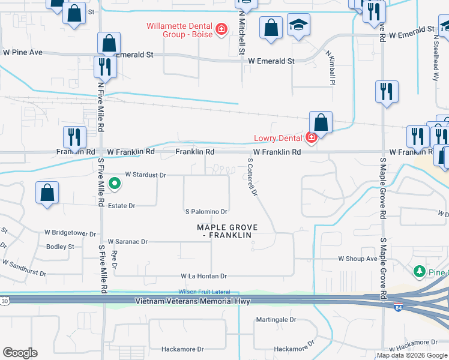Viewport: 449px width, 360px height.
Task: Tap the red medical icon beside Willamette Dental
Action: coord(221,28)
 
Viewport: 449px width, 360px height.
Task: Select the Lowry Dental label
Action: coord(280,138)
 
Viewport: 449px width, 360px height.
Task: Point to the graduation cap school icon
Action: coord(298,26)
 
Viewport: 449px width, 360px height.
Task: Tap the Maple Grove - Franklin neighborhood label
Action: coord(228,231)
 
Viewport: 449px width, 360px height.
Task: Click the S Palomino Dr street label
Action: coord(206,211)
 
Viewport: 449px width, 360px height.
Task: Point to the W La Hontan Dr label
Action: coord(204,276)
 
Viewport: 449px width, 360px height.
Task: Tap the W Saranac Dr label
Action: coord(127,242)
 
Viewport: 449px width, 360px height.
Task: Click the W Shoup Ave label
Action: coord(358,259)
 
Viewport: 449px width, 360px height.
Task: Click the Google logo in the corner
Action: coord(20,353)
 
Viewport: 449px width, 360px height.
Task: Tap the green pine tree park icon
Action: coord(420,272)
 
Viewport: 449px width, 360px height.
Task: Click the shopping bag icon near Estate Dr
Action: coord(47,194)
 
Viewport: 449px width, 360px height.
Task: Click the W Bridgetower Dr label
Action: coord(70,233)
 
